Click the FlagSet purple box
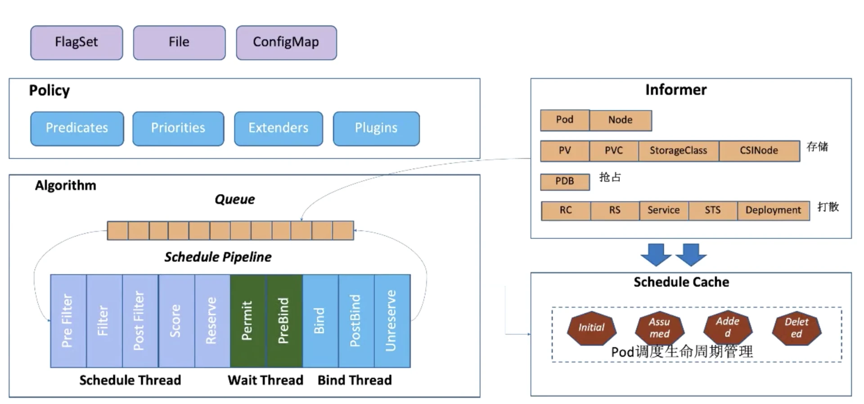76,43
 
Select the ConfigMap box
286,43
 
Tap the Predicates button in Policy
77,129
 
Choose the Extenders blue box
278,129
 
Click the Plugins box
376,129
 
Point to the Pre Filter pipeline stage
68,321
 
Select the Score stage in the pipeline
176,321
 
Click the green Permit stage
247,321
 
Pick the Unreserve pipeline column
392,321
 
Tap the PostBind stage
356,321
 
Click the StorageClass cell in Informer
678,151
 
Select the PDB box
565,182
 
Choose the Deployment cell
773,210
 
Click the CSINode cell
759,151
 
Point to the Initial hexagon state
591,328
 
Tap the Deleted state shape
796,328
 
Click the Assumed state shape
659,328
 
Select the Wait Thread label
265,380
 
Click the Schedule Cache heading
681,282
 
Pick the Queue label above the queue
234,200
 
